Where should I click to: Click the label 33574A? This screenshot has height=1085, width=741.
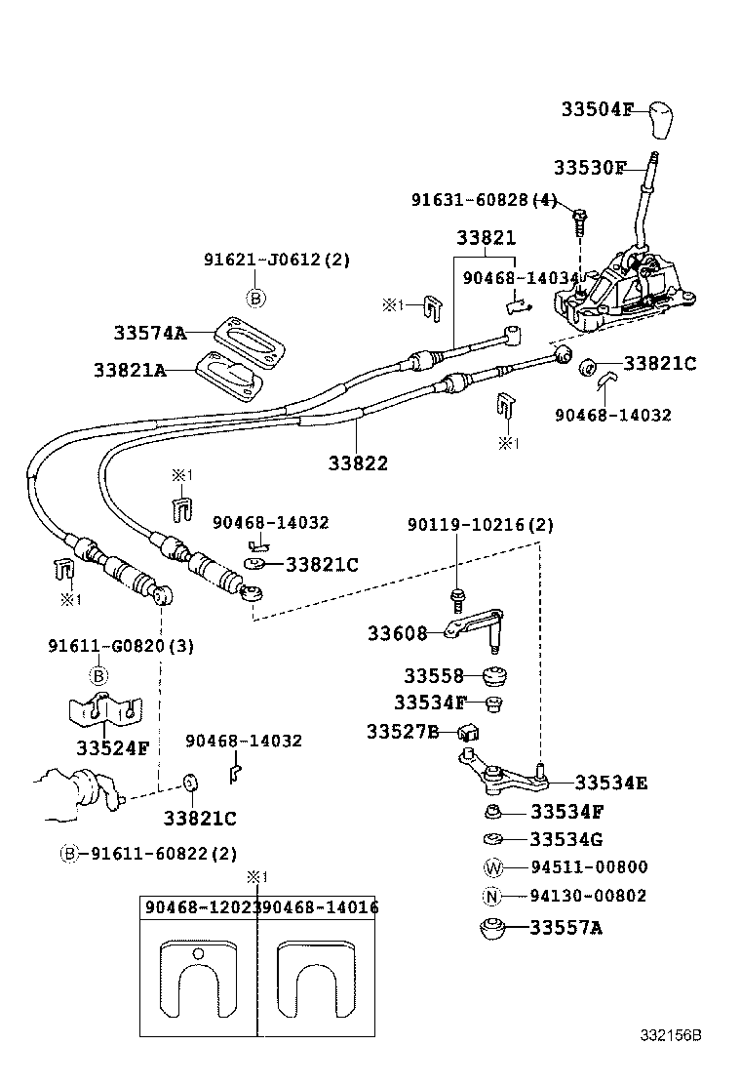(x=148, y=333)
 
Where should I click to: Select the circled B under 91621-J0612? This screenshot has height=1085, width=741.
(x=255, y=299)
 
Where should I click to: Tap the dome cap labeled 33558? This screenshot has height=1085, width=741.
(x=497, y=675)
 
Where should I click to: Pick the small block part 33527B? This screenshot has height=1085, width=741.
(x=467, y=731)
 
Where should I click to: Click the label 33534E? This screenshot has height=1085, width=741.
(x=611, y=783)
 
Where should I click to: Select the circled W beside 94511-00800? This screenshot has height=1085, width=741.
(x=493, y=867)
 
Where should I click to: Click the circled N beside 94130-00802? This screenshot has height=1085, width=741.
(x=493, y=897)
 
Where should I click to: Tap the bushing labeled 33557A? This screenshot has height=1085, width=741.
(x=492, y=928)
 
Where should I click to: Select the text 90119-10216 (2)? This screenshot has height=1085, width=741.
(x=480, y=525)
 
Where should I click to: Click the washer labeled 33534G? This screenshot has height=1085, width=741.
(x=493, y=838)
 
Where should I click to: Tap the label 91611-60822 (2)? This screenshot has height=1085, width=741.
(x=163, y=853)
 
